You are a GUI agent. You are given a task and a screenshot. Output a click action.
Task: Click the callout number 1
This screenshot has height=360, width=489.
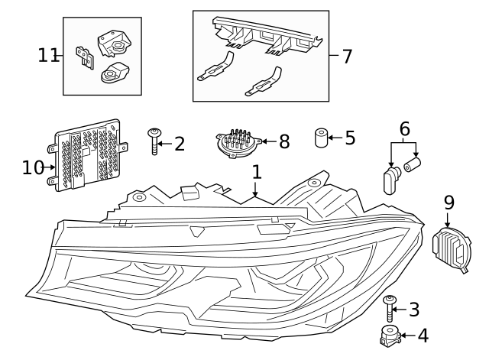(257, 172)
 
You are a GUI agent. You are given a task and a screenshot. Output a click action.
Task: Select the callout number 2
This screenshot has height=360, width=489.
(180, 144)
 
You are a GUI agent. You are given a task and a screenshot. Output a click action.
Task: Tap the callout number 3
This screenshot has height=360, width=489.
(414, 310)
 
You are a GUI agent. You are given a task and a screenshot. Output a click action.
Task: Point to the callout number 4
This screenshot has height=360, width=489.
(423, 335)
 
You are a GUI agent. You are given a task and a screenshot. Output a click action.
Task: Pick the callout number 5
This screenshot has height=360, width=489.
(350, 138)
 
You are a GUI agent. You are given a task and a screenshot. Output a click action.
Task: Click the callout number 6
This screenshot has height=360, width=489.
(404, 128)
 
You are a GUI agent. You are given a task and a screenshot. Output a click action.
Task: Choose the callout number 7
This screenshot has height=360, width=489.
(347, 56)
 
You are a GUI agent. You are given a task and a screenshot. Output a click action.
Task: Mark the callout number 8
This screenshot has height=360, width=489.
(284, 141)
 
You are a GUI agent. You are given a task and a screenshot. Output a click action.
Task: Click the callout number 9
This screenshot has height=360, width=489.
(449, 203)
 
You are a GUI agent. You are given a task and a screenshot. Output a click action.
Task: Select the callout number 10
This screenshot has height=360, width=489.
(33, 167)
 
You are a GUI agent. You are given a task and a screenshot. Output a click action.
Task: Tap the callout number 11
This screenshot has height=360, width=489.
(48, 55)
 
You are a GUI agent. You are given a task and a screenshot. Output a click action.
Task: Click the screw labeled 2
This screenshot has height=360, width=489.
(156, 141)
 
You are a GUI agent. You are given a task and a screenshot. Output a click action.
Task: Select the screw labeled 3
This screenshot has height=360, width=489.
(390, 308)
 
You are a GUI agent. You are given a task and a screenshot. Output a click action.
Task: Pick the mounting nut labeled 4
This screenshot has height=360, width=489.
(390, 335)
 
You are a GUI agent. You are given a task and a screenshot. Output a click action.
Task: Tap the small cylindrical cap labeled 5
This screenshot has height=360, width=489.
(321, 138)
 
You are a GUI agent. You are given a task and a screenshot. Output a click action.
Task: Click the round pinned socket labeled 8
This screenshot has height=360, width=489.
(238, 143)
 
